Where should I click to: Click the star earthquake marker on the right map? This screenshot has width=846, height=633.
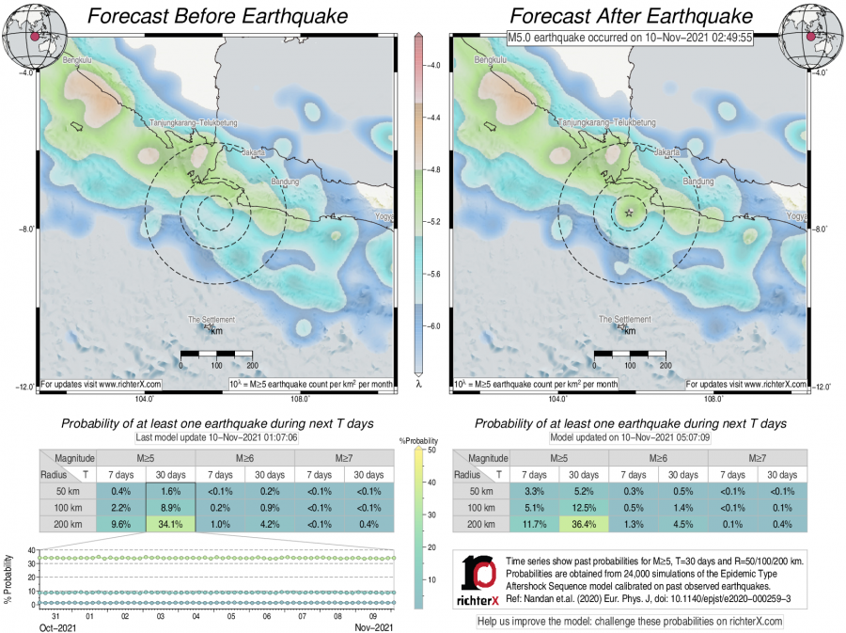(629, 213)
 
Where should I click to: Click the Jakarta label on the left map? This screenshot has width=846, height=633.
(255, 151)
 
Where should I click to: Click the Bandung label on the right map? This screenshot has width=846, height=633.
(698, 182)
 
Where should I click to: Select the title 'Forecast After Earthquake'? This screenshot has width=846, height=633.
(631, 17)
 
